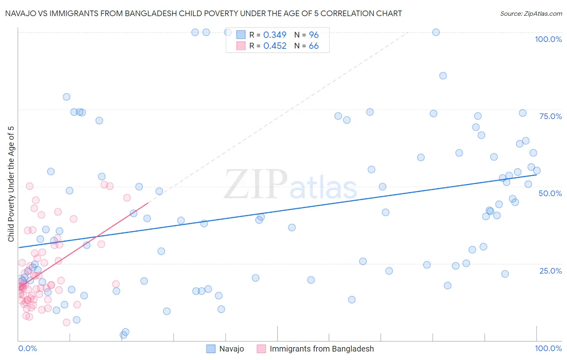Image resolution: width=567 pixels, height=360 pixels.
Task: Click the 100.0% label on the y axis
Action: click(548, 39)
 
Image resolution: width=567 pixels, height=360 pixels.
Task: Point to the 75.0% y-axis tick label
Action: click(550, 116)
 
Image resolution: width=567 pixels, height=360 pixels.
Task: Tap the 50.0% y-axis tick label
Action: click(550, 193)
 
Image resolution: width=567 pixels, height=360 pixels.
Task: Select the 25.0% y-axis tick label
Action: click(550, 270)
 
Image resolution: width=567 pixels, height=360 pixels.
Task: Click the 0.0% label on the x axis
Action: click(27, 348)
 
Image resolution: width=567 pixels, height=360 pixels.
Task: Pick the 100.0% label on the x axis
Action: click(548, 348)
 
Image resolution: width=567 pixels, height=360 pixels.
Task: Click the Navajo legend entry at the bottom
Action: click(231, 349)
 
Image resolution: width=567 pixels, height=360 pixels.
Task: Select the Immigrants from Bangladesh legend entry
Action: click(321, 349)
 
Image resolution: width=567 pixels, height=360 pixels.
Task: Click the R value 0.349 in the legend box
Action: click(275, 35)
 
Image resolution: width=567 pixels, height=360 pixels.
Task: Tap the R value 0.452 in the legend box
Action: click(275, 46)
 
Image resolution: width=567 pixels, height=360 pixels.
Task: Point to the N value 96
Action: click(314, 35)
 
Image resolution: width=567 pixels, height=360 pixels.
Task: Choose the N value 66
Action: click(314, 46)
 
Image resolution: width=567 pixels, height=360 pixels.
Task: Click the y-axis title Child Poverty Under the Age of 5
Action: click(11, 184)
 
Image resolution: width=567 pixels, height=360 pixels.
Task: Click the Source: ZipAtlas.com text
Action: click(531, 13)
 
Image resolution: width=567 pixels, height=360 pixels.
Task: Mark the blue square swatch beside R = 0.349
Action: click(241, 35)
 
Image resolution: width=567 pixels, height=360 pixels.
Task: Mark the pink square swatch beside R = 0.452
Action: click(241, 46)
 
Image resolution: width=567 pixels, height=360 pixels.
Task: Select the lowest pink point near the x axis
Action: click(67, 322)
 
